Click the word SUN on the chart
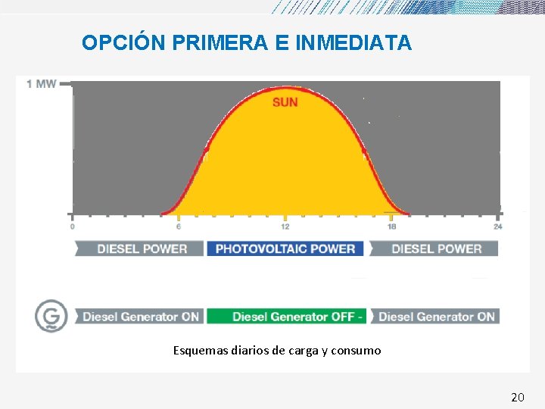click(285, 102)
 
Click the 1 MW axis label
click(41, 83)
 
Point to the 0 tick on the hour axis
click(73, 226)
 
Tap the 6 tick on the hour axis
click(179, 226)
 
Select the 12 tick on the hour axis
click(285, 226)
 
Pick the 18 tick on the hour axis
click(391, 226)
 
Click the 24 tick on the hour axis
click(497, 226)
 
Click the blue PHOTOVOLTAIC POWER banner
click(285, 248)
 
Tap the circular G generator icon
click(51, 316)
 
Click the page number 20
click(518, 397)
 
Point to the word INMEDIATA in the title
click(353, 43)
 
